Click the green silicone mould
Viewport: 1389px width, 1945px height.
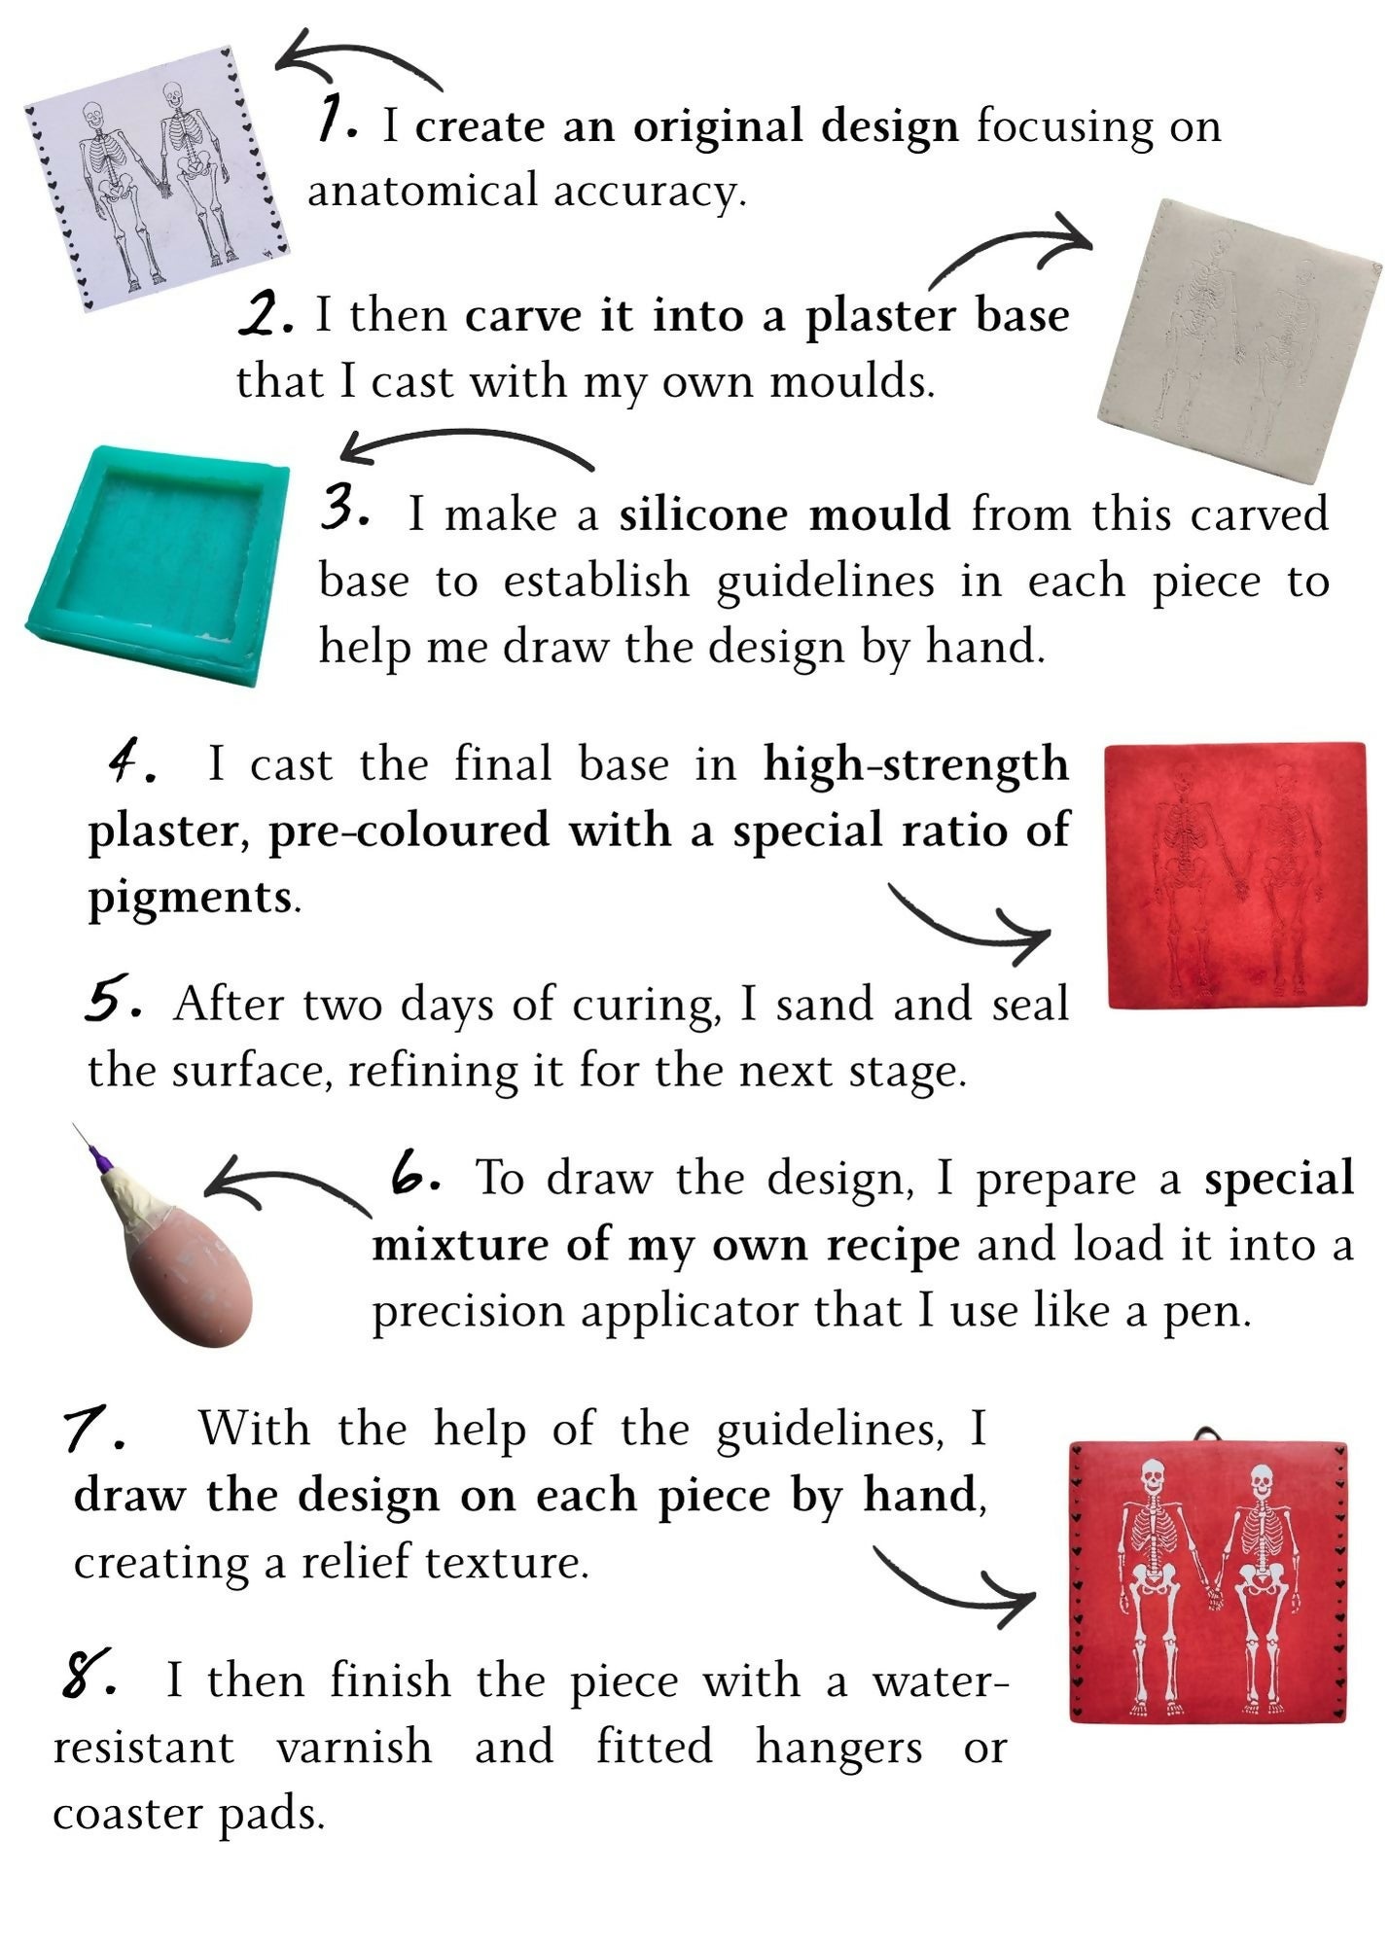[156, 564]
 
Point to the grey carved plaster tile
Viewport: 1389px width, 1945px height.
[1240, 340]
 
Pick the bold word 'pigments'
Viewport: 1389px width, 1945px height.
[190, 899]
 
